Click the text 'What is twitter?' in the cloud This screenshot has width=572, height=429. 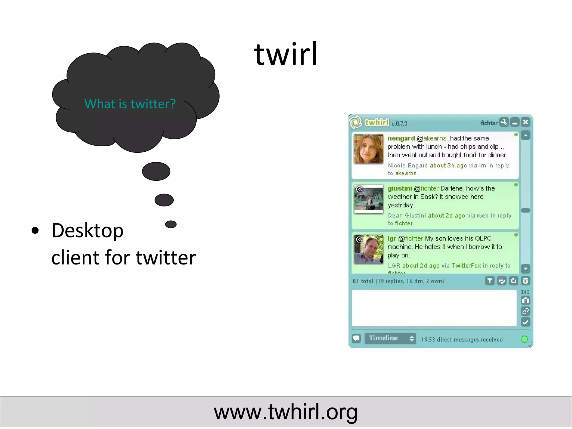[130, 104]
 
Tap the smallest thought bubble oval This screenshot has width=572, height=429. [171, 224]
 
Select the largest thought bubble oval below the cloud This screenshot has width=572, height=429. [156, 171]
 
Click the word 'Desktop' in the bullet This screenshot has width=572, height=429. [87, 231]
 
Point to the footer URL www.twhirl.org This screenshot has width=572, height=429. [286, 412]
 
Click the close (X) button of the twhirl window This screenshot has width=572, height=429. [525, 122]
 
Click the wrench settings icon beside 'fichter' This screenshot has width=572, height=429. [504, 122]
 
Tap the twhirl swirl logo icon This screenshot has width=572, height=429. [356, 122]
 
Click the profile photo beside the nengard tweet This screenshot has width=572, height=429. [369, 149]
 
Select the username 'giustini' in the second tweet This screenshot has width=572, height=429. [399, 189]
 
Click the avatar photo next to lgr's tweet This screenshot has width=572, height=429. [369, 249]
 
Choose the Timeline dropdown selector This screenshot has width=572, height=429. [390, 338]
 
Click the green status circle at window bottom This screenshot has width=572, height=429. [524, 339]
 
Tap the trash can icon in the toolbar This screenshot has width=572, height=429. [525, 281]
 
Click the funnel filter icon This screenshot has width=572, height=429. [490, 281]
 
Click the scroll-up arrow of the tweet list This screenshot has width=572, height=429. [525, 136]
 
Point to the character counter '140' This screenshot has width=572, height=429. [525, 292]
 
